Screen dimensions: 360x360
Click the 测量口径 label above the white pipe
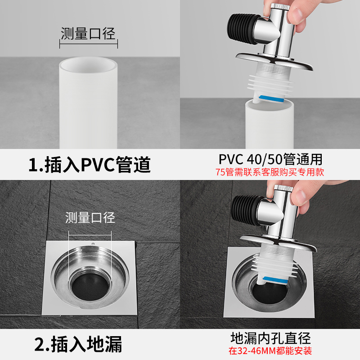(88, 33)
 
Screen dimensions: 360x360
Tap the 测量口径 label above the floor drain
(90, 217)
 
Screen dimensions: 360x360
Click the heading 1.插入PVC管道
(90, 164)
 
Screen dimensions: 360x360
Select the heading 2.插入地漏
(78, 344)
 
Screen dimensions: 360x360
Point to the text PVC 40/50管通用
(270, 159)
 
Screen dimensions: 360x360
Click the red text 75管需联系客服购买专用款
(270, 172)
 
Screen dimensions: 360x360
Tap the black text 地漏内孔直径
(270, 338)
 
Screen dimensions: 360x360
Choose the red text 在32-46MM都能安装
(270, 351)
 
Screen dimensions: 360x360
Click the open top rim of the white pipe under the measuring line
(88, 65)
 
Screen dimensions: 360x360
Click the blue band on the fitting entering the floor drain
(275, 280)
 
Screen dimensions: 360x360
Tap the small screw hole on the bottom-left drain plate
(93, 243)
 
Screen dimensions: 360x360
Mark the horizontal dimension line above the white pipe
(89, 44)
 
